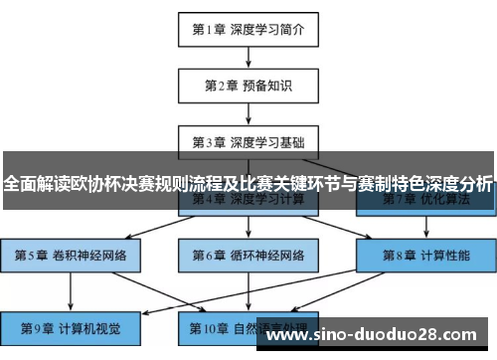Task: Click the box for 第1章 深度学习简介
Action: point(248,28)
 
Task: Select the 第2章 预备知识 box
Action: point(248,85)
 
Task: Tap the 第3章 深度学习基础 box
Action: point(248,141)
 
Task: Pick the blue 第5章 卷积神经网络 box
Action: point(71,255)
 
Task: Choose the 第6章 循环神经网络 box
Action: point(248,255)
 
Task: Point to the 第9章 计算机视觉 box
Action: point(71,327)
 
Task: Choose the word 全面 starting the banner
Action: point(20,183)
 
